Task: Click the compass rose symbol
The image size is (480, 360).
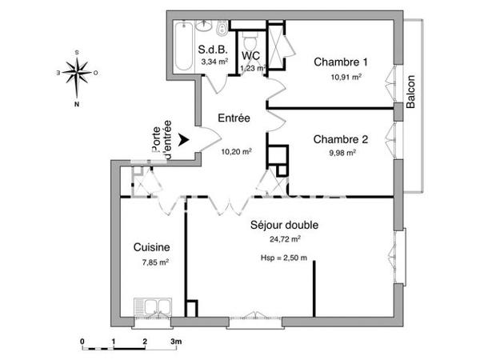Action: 78,73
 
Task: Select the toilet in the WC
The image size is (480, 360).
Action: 250,40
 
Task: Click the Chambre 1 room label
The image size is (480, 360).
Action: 341,62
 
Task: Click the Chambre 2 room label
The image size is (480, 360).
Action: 341,138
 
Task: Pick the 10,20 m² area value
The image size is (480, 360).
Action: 237,150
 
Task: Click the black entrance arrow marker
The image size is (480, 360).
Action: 185,141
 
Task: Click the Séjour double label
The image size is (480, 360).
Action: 284,225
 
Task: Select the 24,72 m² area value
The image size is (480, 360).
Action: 285,238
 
